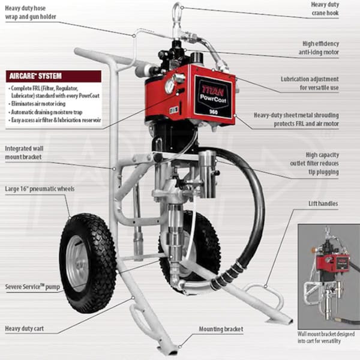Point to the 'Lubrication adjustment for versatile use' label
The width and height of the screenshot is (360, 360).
(318, 83)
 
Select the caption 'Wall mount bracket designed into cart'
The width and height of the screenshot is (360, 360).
(329, 337)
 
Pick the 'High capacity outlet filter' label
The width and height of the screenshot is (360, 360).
(320, 163)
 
